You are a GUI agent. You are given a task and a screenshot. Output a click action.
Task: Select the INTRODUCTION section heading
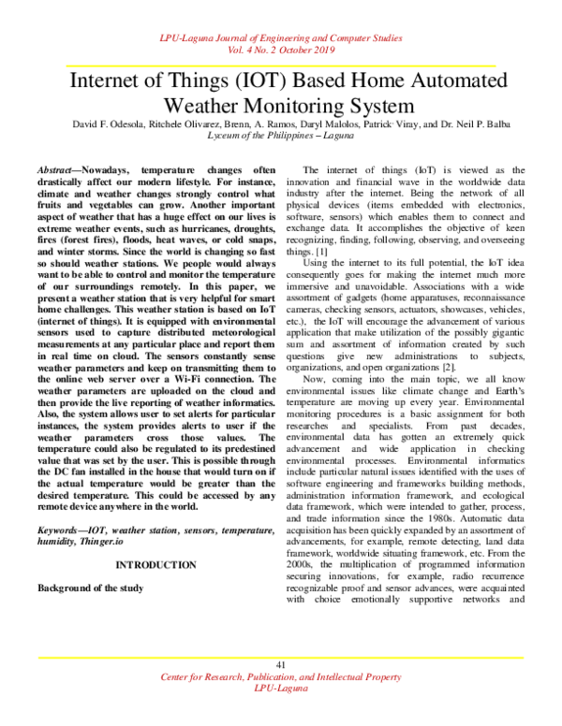pos(155,565)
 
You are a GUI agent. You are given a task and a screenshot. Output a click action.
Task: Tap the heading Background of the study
pos(90,588)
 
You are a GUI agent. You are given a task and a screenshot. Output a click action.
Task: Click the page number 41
pos(280,664)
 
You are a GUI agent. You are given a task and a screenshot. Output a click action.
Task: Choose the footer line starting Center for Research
pos(280,675)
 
